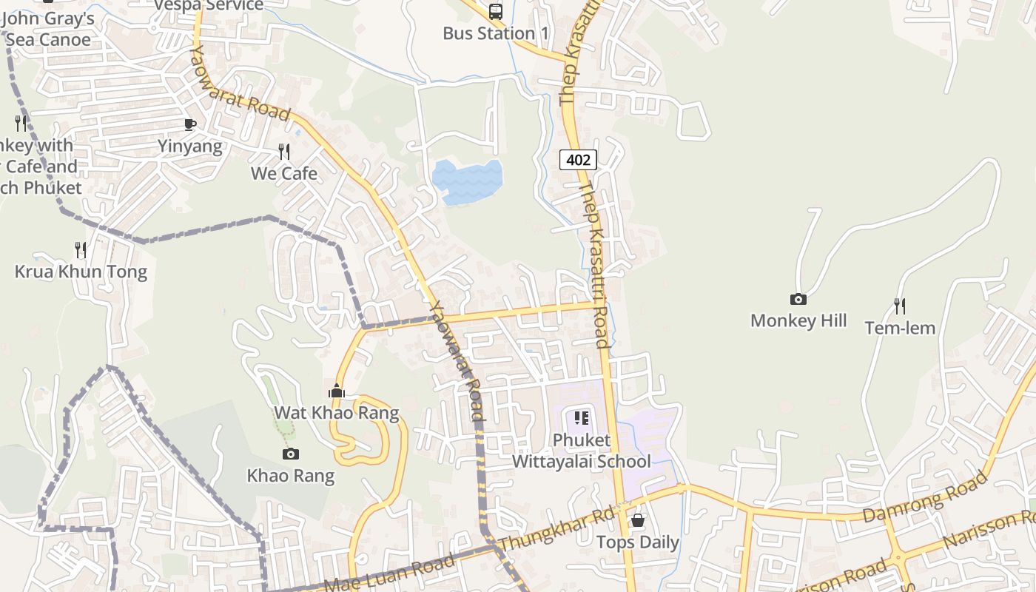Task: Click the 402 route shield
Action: [x=578, y=159]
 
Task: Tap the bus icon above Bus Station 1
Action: [x=496, y=11]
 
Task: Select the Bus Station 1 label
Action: [x=496, y=33]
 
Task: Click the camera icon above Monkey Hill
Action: [x=798, y=299]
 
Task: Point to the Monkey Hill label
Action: [x=798, y=320]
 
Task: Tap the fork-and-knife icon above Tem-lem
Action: [x=900, y=306]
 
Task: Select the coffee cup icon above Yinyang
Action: [x=190, y=124]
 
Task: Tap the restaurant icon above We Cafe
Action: [x=284, y=152]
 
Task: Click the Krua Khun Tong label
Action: [x=81, y=272]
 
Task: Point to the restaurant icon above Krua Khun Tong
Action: [x=81, y=250]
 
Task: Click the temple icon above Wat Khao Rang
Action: [x=337, y=391]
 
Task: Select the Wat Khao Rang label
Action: [x=337, y=412]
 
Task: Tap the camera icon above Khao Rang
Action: [x=291, y=454]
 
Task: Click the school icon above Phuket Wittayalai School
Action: [x=582, y=418]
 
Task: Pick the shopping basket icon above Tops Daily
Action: [x=638, y=520]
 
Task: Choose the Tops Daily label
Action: [x=638, y=542]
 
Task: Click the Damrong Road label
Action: [x=925, y=496]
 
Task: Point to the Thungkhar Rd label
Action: [x=557, y=529]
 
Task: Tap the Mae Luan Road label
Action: [x=389, y=574]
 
